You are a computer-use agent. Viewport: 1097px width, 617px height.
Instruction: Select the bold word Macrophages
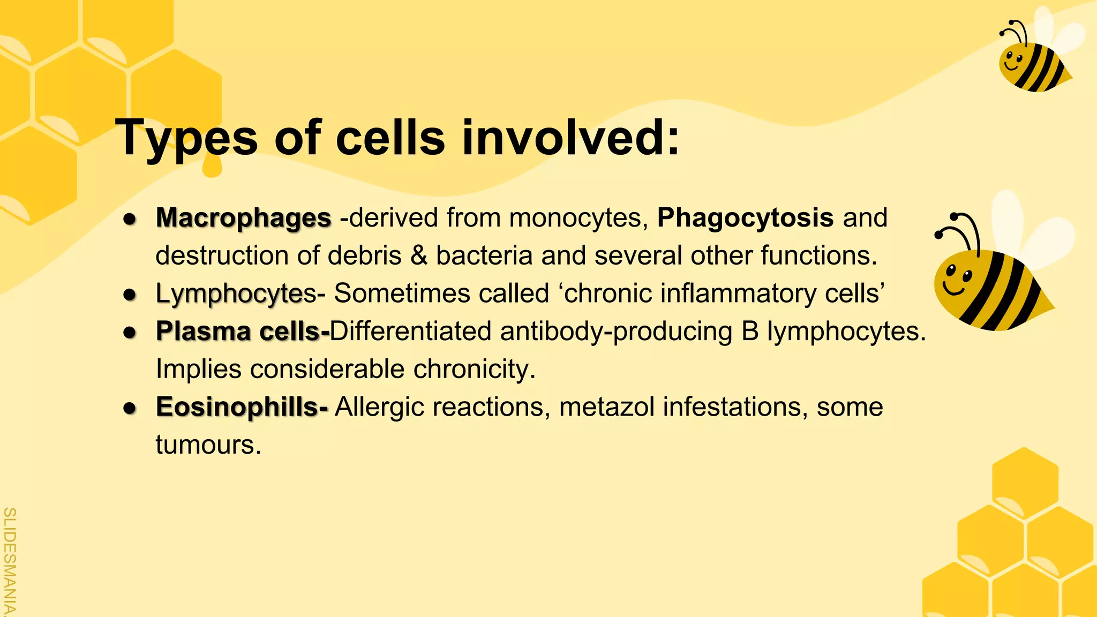(244, 218)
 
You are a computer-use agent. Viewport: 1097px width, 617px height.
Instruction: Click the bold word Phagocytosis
(745, 218)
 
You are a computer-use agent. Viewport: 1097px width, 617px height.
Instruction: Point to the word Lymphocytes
(236, 294)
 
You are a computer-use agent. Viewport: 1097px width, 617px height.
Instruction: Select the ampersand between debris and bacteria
(419, 255)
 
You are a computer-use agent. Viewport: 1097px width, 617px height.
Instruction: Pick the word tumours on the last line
(208, 445)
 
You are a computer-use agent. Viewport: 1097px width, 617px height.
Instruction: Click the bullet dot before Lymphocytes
(130, 295)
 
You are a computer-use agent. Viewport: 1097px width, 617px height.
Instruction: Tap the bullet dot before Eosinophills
(130, 408)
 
